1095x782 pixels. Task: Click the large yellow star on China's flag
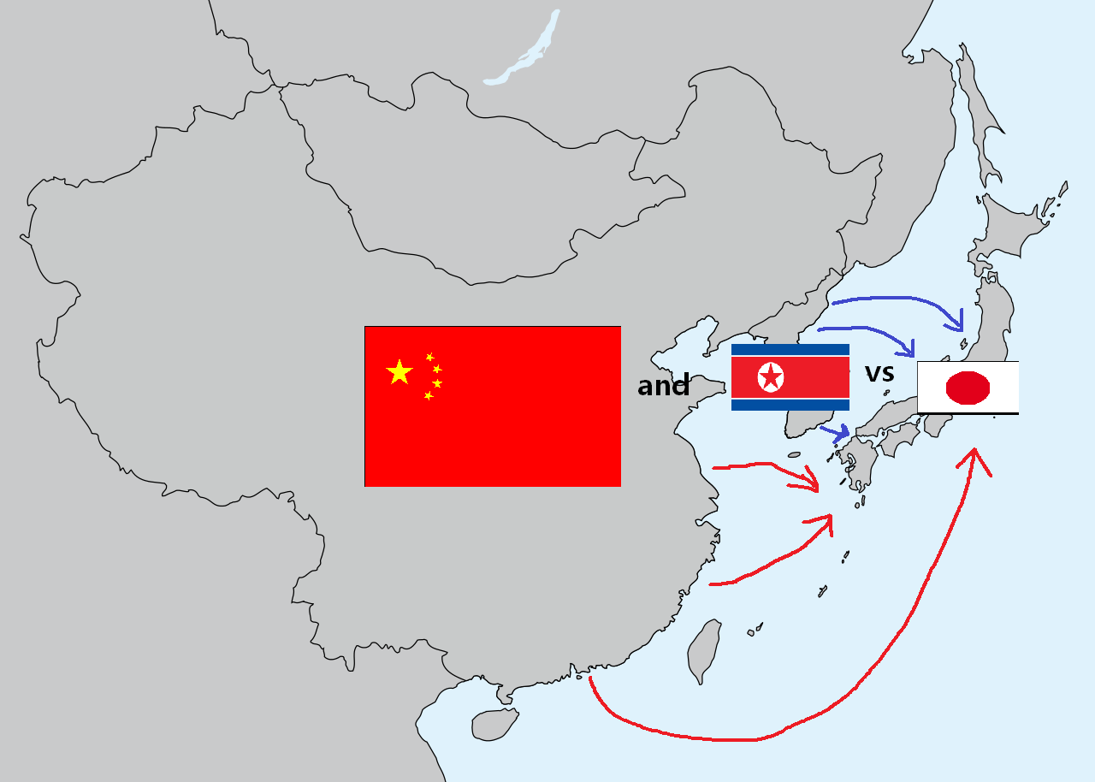pyautogui.click(x=400, y=372)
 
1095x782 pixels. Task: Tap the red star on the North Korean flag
pyautogui.click(x=771, y=376)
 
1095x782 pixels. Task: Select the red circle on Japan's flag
pyautogui.click(x=968, y=388)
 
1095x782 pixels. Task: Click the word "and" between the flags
pyautogui.click(x=663, y=386)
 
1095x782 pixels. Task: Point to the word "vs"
pyautogui.click(x=879, y=373)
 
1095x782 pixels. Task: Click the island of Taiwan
pyautogui.click(x=703, y=650)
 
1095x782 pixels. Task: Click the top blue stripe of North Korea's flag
pyautogui.click(x=790, y=349)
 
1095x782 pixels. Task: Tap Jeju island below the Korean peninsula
pyautogui.click(x=794, y=454)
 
